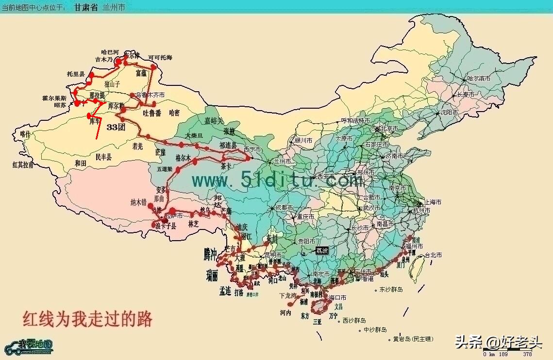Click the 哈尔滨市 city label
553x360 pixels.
pos(478,78)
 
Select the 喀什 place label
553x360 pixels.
pos(22,134)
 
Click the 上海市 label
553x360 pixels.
pos(432,202)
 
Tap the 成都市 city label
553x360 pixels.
pos(284,208)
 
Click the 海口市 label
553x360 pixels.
pos(337,297)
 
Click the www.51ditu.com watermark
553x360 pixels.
pos(278,181)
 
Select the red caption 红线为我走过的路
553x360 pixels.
pos(87,319)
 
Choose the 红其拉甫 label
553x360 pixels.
pos(23,165)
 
